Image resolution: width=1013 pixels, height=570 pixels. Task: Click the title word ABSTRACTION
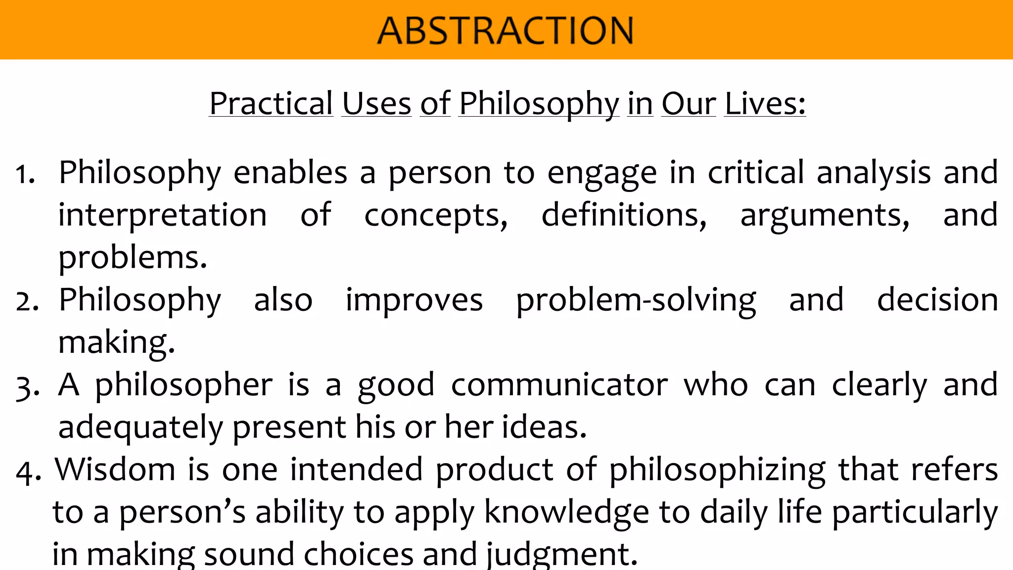(x=505, y=31)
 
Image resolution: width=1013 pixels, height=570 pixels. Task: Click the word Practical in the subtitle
(x=271, y=104)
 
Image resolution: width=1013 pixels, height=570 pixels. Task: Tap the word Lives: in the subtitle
(x=765, y=104)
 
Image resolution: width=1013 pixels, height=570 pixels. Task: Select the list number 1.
(x=25, y=175)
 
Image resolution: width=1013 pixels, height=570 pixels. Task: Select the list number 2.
(x=27, y=302)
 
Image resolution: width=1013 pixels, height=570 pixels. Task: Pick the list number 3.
(x=27, y=387)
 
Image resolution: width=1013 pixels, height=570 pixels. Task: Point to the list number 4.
(x=28, y=472)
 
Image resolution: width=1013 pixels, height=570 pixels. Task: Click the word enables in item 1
(x=290, y=173)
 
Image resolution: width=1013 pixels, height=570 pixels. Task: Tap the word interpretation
(x=162, y=215)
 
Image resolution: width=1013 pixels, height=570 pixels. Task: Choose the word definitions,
(x=624, y=215)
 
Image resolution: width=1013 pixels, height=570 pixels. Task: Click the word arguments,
(x=825, y=216)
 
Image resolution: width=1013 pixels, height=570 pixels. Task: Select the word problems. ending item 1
(x=133, y=258)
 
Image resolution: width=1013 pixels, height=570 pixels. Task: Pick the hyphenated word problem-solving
(x=636, y=301)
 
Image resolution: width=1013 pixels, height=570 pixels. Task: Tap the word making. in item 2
(x=117, y=343)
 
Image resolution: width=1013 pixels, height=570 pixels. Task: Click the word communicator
(x=559, y=385)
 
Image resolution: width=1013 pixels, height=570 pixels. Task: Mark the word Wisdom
(x=115, y=470)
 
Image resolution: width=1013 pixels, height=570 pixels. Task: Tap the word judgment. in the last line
(x=562, y=555)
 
